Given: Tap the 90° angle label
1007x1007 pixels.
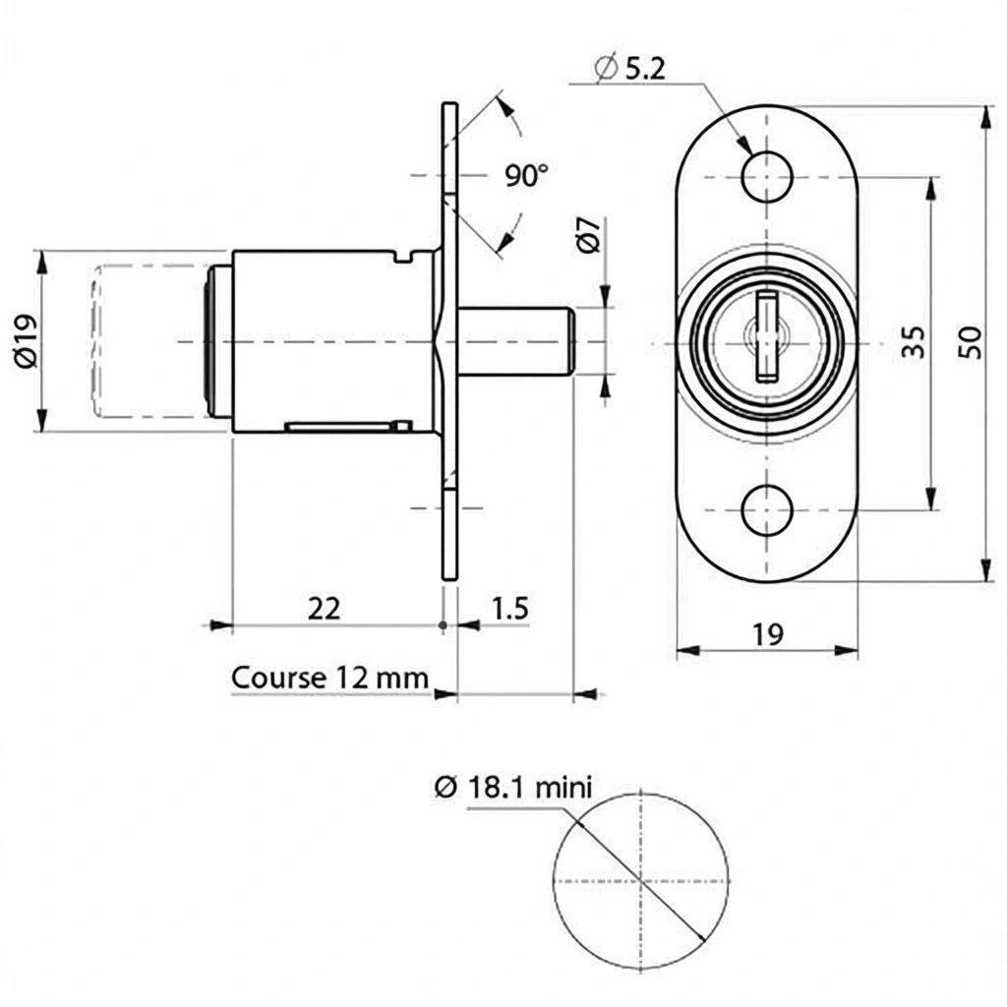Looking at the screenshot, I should [527, 176].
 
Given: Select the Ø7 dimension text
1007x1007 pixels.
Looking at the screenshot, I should [588, 236].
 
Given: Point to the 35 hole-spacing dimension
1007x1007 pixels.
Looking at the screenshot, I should [913, 342].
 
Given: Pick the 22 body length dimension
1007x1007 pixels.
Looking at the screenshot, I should [324, 609].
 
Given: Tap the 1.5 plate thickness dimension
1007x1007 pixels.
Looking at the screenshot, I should [508, 609].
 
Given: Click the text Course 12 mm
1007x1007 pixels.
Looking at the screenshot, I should [329, 678].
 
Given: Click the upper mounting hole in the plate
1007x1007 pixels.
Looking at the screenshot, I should [767, 178].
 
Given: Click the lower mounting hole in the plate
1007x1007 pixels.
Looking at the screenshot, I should [767, 510].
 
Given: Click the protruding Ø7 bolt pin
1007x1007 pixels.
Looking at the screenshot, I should [516, 341].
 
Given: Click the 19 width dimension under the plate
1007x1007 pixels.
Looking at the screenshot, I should [768, 634].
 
